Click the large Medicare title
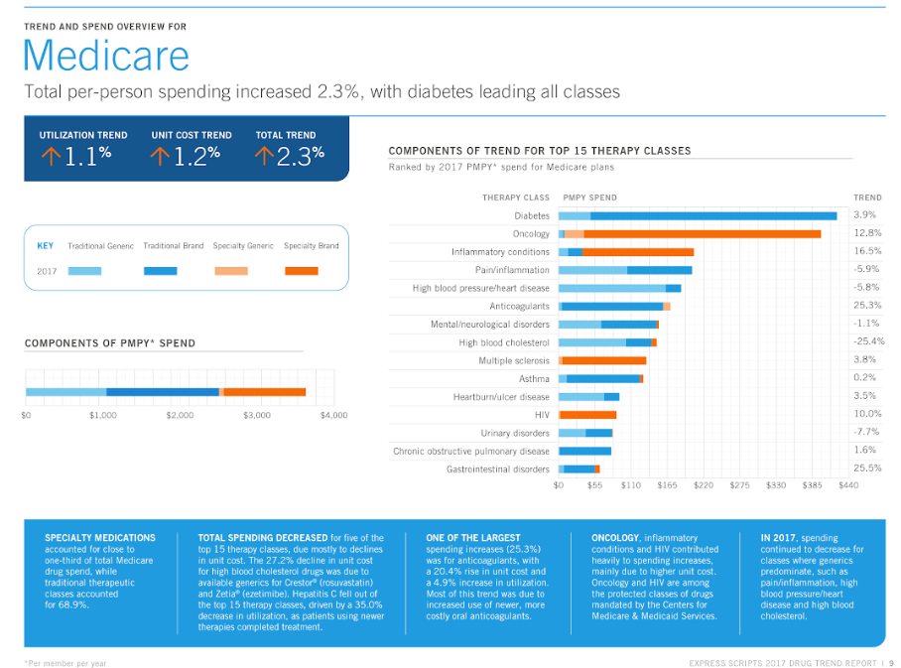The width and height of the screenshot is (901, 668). (x=106, y=56)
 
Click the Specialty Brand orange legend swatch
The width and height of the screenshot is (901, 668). (x=301, y=271)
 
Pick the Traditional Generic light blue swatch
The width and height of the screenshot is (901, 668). (x=84, y=271)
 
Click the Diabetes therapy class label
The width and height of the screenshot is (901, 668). (x=531, y=215)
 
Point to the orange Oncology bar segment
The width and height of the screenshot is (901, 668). (x=702, y=233)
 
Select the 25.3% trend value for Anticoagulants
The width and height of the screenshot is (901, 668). (x=867, y=306)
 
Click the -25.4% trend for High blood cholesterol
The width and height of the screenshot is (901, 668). (x=868, y=341)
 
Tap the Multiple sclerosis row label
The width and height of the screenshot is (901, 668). (x=513, y=360)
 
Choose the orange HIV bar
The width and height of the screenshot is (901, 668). (x=587, y=414)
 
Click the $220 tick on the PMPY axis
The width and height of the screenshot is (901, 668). (x=704, y=485)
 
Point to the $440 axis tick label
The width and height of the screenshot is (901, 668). (x=848, y=485)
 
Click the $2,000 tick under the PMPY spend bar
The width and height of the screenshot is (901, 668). (x=180, y=415)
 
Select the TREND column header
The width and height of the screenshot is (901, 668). (x=867, y=198)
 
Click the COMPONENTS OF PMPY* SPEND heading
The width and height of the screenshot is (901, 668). (x=110, y=343)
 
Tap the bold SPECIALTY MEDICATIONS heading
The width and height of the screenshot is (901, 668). (x=100, y=538)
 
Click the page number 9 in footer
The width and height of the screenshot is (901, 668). (x=891, y=662)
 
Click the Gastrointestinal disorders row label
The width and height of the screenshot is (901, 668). (x=497, y=468)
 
